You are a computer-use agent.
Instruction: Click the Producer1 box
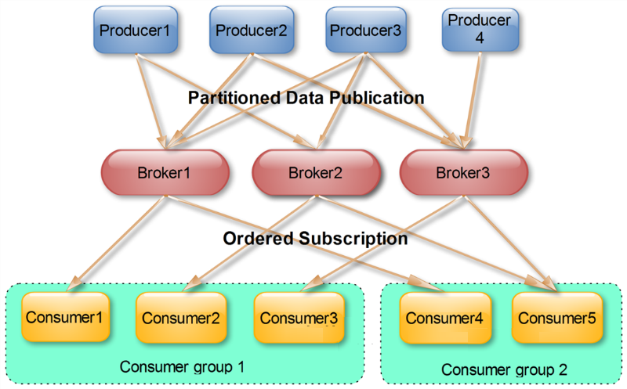135,31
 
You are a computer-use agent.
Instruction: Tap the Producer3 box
365,31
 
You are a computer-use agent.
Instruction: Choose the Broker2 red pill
313,172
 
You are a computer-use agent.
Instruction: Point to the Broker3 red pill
462,172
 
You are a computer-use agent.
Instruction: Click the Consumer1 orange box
66,317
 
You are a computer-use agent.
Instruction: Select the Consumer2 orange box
179,318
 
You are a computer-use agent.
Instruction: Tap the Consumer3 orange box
299,318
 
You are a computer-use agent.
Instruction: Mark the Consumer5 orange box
557,318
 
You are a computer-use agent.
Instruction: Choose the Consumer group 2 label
504,369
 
